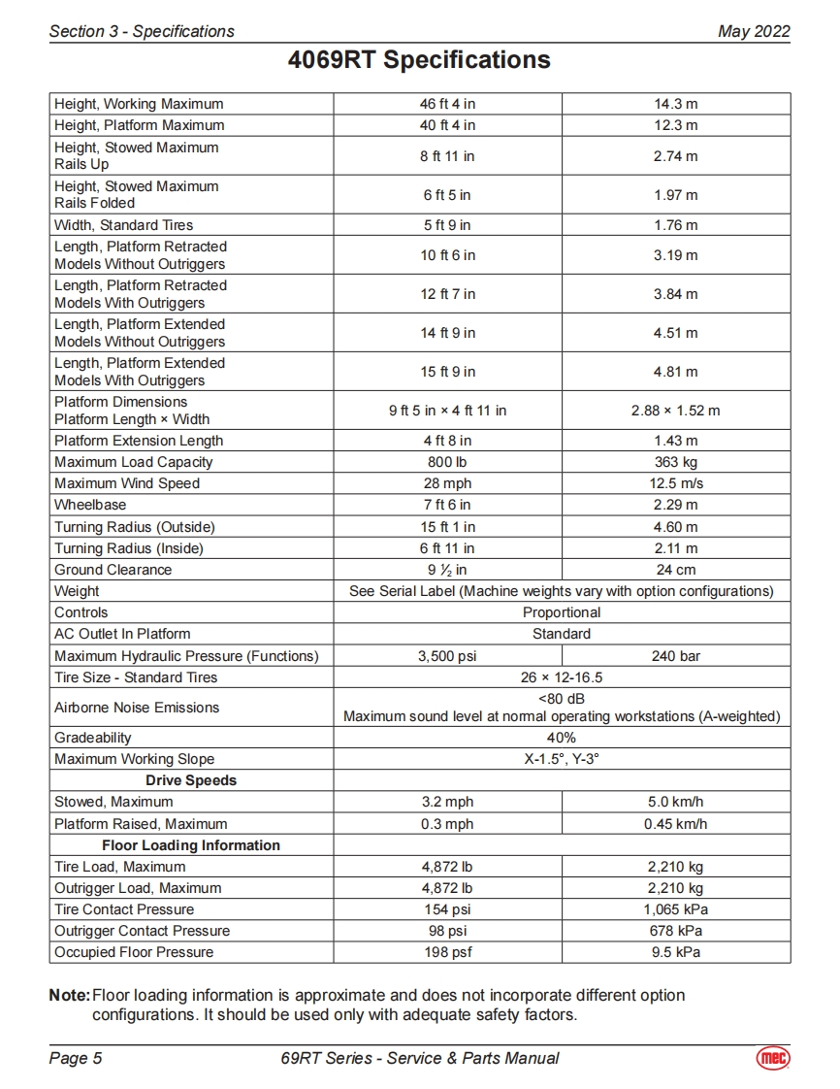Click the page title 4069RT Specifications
pos(419,60)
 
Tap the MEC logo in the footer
pos(772,1058)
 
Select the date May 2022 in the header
pos(754,31)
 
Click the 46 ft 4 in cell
pos(447,104)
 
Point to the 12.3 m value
pos(675,125)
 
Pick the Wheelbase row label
pos(90,505)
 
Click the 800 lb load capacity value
pos(447,462)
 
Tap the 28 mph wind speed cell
pos(447,483)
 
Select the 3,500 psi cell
pos(447,656)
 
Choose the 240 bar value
pos(675,656)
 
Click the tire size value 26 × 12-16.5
pos(562,677)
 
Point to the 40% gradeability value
pos(562,738)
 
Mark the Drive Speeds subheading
pos(191,780)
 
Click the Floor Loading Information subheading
pos(191,845)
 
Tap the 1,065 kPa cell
pos(675,909)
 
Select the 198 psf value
pos(447,952)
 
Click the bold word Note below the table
pos(68,996)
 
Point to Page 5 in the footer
pos(76,1058)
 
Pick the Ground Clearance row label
pos(113,570)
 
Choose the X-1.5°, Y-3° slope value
pos(562,759)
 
